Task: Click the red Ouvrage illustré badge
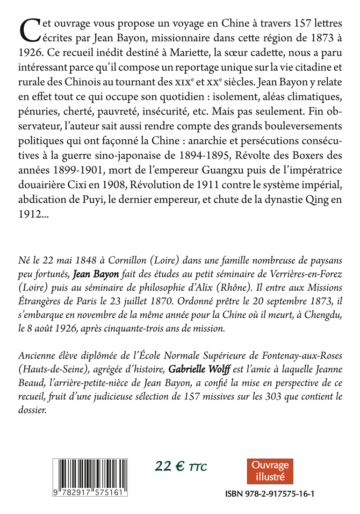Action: pyautogui.click(x=270, y=471)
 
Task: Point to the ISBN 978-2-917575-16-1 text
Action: pyautogui.click(x=274, y=494)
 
